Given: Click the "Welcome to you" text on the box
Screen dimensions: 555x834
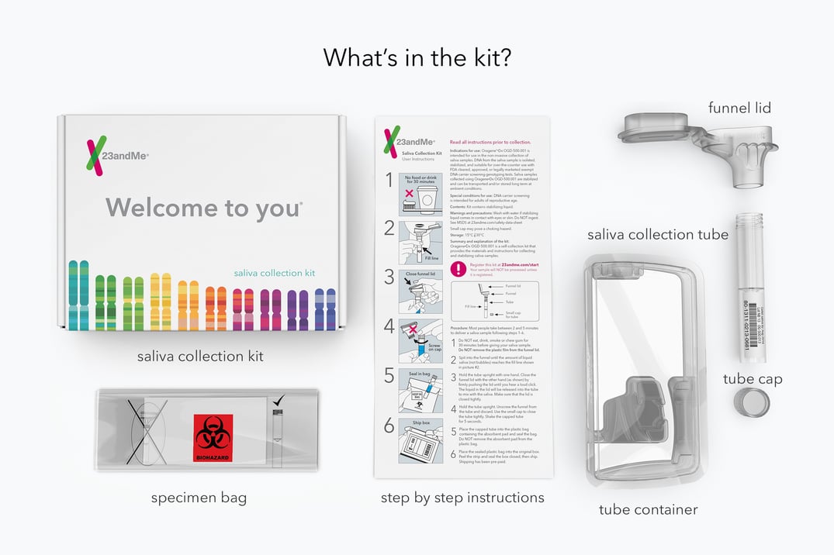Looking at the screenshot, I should (x=204, y=207).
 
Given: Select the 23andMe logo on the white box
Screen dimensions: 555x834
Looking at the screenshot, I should (x=116, y=155).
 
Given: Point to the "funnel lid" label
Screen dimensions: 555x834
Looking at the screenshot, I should (x=739, y=108).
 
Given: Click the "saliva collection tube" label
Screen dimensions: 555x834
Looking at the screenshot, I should (x=658, y=234).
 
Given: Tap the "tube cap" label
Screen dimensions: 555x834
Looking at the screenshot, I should (x=753, y=378).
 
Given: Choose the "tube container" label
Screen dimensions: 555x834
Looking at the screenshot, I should (x=648, y=509).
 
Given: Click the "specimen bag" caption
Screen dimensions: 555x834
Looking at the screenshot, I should (x=199, y=498).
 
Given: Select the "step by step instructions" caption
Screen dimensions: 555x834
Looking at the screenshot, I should (x=462, y=498).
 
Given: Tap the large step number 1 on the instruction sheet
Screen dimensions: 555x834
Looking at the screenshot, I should (x=389, y=181).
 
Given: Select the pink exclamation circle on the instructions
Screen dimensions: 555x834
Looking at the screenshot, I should (x=460, y=268).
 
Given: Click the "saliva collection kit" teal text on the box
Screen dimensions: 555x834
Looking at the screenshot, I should (x=274, y=273).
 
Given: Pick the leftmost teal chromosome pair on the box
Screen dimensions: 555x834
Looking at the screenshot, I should (x=78, y=295).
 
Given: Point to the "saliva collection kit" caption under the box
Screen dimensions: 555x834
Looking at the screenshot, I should (x=200, y=357).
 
